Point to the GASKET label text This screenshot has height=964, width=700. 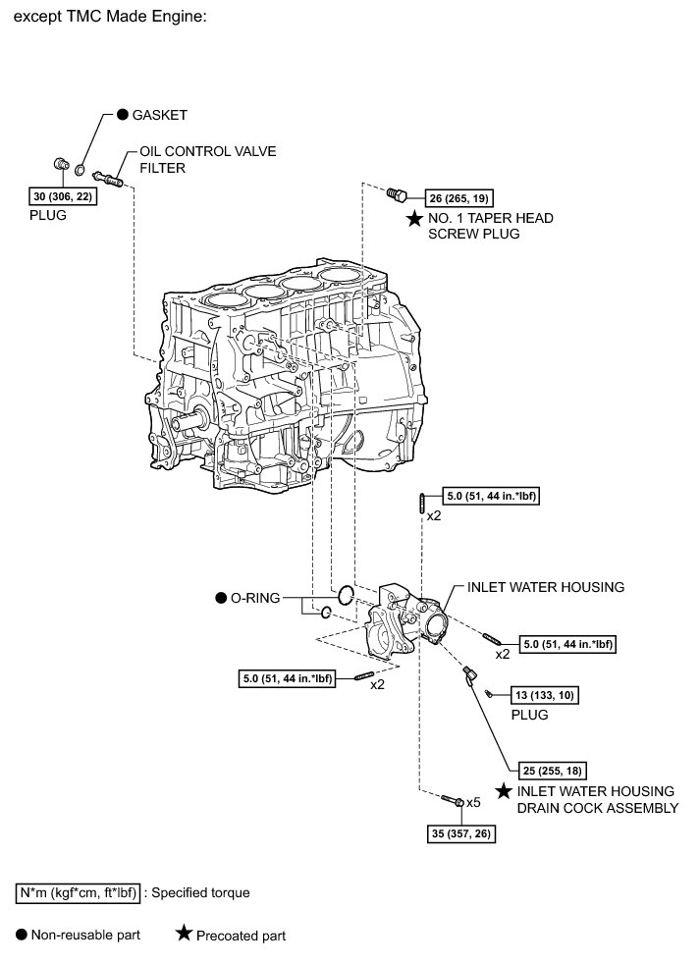click(160, 114)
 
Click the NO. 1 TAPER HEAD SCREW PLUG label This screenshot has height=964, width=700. click(480, 226)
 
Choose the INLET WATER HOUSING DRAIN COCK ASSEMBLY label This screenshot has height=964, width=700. click(597, 799)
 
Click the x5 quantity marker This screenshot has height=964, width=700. click(473, 802)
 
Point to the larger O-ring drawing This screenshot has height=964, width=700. click(344, 595)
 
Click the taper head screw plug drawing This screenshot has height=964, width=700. click(395, 193)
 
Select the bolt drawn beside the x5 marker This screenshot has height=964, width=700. click(453, 803)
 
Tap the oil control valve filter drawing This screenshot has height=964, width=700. click(107, 178)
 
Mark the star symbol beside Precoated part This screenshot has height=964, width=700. click(183, 935)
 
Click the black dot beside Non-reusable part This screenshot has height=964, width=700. click(22, 935)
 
